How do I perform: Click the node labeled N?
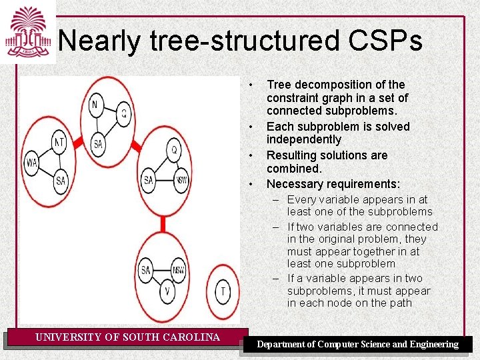tap(95, 105)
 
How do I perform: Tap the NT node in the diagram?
tap(59, 141)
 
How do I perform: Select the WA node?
tap(31, 162)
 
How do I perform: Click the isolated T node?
tap(223, 291)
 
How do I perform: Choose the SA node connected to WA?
tap(61, 180)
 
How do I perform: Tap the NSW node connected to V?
tap(179, 270)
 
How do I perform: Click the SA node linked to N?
tap(98, 144)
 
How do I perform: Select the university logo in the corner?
tap(27, 31)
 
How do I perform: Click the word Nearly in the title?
tap(99, 41)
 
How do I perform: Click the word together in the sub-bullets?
tap(365, 251)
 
